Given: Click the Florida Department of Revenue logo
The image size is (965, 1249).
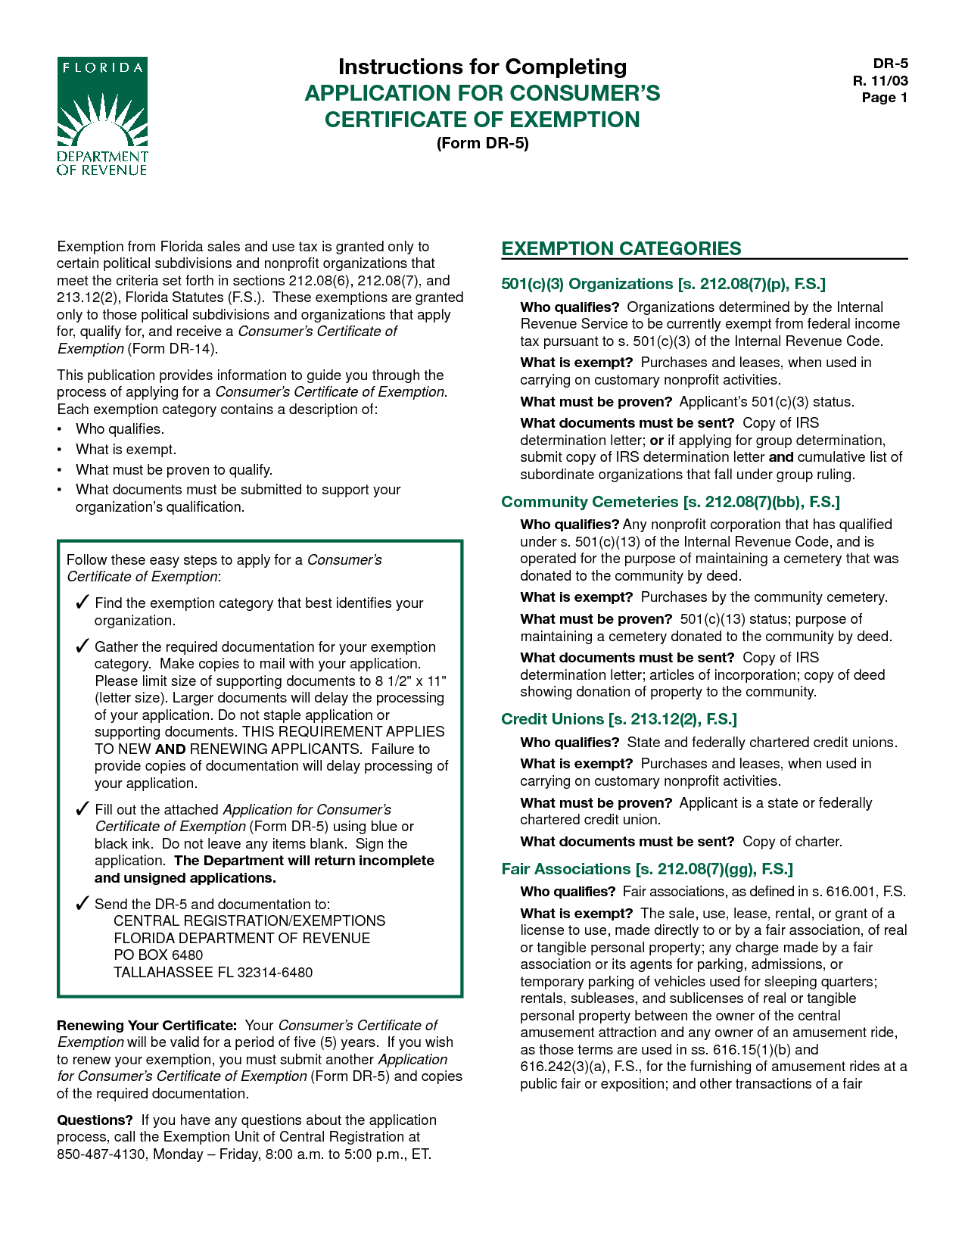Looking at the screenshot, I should coord(102,116).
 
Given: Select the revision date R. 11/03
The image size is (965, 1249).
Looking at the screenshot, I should coord(880,81).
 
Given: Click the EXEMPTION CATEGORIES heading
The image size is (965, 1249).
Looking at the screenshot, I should coord(621,249).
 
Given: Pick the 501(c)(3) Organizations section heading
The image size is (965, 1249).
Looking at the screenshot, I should coord(663,284).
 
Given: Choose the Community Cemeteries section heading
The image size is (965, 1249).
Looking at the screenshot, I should coord(671,502).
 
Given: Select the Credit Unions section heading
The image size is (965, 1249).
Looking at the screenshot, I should coord(619,719).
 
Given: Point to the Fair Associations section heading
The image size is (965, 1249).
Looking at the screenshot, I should coord(647,869).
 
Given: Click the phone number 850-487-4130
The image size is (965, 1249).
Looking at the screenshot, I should coord(101,1154).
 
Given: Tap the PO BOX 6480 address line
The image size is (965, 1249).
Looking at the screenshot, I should coord(158,955).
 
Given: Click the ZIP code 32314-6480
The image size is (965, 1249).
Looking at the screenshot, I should coord(275,973).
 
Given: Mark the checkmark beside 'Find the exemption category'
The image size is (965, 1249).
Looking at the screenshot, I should coord(82,603).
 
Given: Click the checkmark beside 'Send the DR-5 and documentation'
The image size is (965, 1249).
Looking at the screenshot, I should coord(82,904).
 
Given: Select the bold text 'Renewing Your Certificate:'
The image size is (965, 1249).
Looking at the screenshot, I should coord(147,1026).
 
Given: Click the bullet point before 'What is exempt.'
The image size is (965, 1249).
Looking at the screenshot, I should coord(60,450).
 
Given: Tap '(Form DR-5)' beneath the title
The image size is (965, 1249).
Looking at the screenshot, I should coord(482,143).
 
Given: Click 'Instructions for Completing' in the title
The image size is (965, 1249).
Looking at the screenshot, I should coord(482,67).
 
